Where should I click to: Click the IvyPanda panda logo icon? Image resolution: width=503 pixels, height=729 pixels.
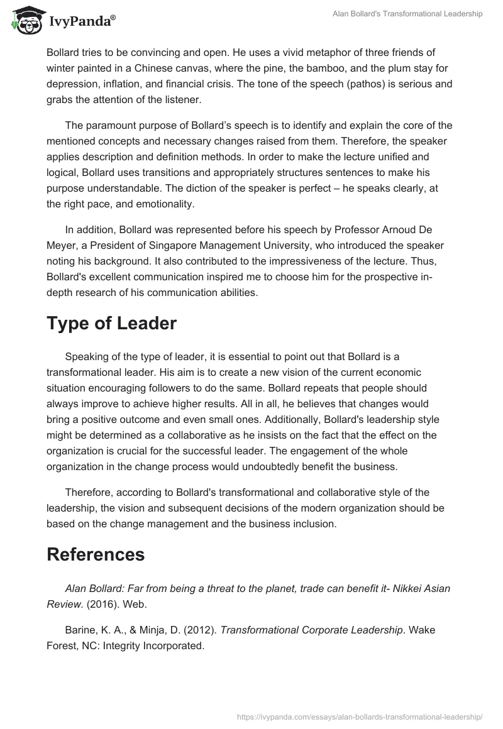pyautogui.click(x=25, y=20)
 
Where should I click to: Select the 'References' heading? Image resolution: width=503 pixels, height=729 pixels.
pyautogui.click(x=96, y=554)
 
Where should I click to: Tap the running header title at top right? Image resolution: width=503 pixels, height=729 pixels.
pyautogui.click(x=407, y=14)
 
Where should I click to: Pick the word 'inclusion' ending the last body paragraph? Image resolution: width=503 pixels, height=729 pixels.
pyautogui.click(x=315, y=523)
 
